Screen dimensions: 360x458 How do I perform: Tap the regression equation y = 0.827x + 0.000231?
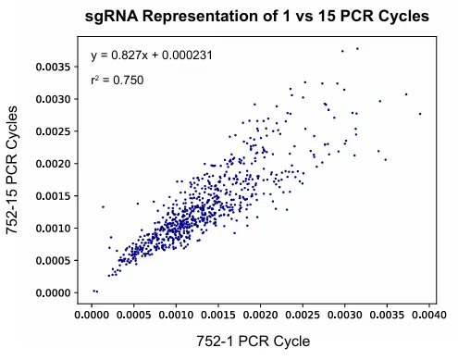click(x=153, y=56)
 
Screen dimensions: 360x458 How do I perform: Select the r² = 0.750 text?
click(x=117, y=81)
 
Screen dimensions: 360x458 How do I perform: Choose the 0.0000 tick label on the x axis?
click(x=93, y=314)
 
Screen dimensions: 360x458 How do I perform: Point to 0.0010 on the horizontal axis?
click(x=176, y=314)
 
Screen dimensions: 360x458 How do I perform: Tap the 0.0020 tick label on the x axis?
click(x=260, y=314)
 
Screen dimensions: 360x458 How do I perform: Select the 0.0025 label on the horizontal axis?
click(x=303, y=314)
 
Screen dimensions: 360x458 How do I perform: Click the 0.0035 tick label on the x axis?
click(x=386, y=314)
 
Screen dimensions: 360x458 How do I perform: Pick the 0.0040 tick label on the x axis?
click(x=427, y=314)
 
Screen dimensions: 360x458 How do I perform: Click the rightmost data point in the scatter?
click(x=420, y=114)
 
